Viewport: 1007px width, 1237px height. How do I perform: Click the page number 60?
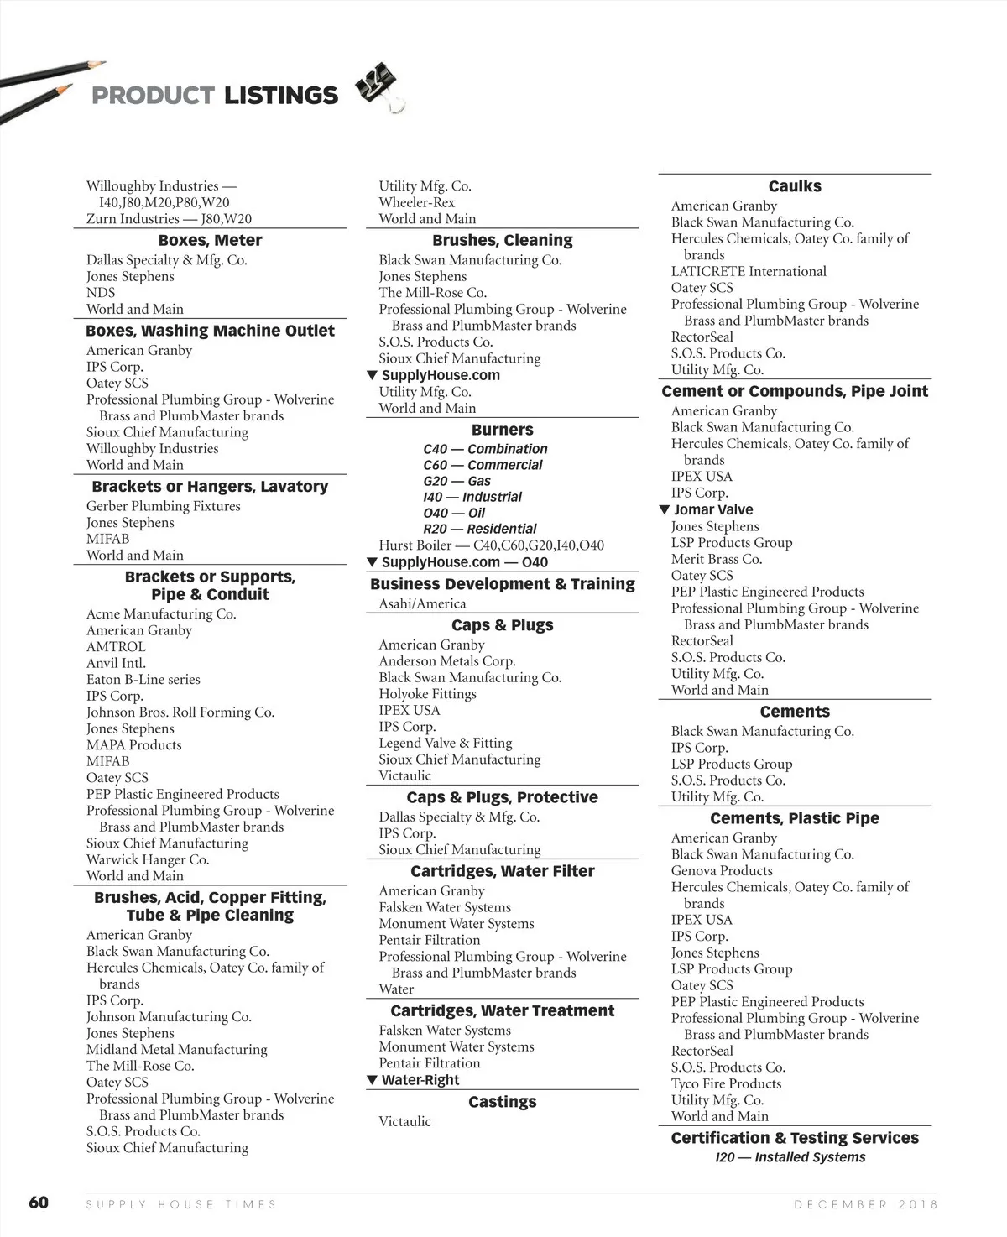click(39, 1203)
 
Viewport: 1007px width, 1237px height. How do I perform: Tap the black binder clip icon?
click(378, 87)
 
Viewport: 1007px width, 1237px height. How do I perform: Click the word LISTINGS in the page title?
click(280, 96)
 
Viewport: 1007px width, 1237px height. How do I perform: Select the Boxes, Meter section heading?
click(210, 241)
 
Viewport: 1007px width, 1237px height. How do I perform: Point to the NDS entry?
click(101, 293)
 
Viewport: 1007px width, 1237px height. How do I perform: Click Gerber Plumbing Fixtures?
click(163, 506)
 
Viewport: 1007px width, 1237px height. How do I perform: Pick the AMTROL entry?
click(116, 647)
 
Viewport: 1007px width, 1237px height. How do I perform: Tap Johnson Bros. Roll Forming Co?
click(180, 712)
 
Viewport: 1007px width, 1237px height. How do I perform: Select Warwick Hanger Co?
click(148, 860)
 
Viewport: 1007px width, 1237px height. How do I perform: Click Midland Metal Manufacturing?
click(176, 1050)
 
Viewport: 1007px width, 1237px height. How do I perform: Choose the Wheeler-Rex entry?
click(416, 202)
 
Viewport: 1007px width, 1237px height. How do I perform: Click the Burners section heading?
click(502, 430)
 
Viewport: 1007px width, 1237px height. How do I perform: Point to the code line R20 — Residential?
click(479, 529)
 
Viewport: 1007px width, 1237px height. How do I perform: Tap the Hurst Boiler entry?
click(491, 545)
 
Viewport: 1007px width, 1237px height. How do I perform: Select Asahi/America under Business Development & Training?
click(422, 604)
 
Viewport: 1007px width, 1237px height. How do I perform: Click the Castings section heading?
click(502, 1102)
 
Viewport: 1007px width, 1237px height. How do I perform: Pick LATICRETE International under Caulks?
click(749, 272)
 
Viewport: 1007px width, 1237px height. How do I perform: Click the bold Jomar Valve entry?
click(712, 509)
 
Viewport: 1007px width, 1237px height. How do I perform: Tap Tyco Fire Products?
click(726, 1083)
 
